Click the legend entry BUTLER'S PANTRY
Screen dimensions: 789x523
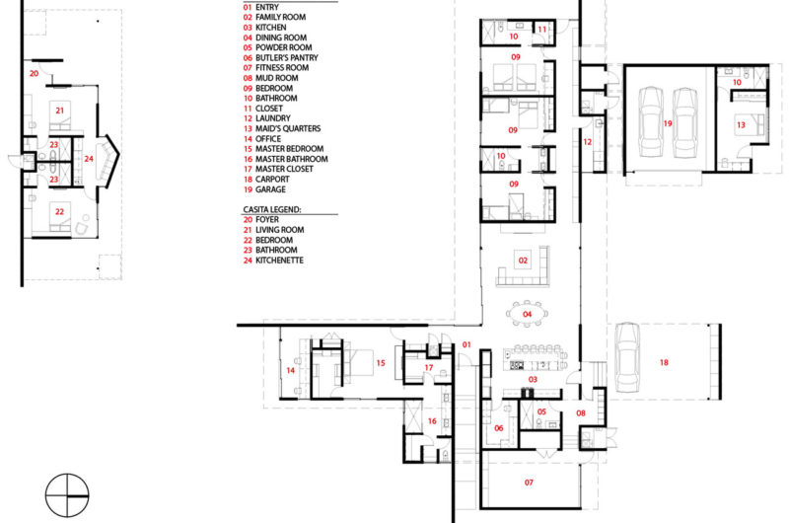(281, 58)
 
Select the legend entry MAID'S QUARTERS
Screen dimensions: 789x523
(282, 128)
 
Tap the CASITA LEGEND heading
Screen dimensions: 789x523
(272, 209)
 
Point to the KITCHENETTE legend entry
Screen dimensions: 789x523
(273, 261)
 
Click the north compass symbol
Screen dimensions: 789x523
(67, 495)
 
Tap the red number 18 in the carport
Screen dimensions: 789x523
(664, 362)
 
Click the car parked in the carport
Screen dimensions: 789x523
(627, 357)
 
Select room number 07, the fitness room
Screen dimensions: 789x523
(529, 483)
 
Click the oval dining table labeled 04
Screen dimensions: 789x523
(527, 314)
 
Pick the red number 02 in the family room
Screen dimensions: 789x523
(523, 261)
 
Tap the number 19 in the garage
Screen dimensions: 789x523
(668, 123)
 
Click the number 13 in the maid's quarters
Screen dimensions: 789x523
(741, 125)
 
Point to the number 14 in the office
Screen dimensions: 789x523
(290, 370)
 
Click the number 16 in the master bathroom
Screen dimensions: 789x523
(432, 421)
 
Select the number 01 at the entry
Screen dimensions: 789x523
(466, 344)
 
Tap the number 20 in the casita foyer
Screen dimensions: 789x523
(34, 73)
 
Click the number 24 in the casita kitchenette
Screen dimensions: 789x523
(89, 159)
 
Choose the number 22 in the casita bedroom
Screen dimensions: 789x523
(59, 212)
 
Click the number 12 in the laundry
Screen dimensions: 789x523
(587, 142)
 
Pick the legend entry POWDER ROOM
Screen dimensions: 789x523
(278, 47)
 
